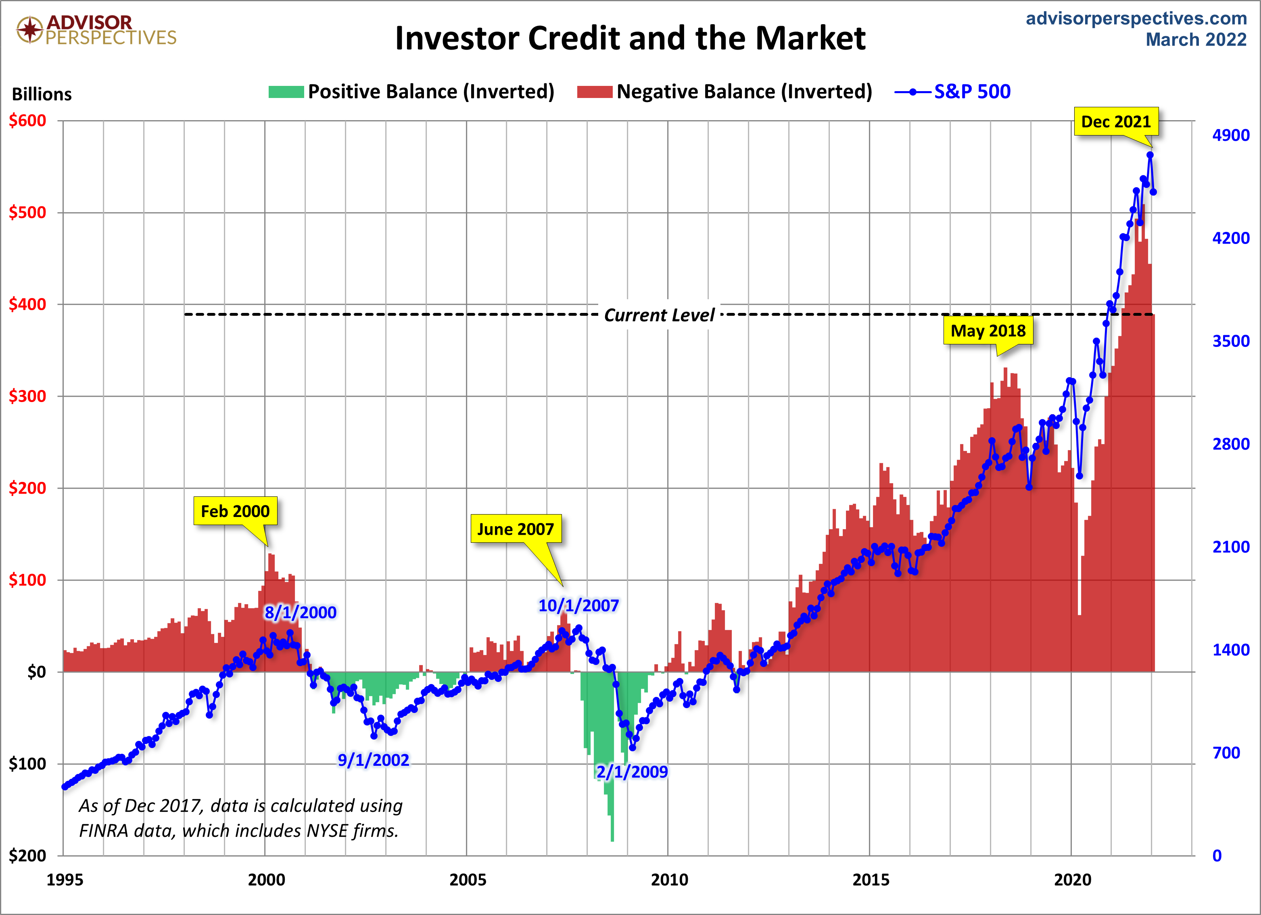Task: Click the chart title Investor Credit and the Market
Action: pos(630,38)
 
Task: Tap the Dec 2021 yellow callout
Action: pos(1115,122)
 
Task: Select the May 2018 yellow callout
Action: pos(988,331)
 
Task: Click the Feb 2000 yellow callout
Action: pos(235,511)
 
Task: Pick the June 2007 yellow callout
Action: pos(516,529)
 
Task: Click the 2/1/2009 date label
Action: pos(632,771)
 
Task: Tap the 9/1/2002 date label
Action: pos(373,760)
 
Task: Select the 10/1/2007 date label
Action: pos(578,605)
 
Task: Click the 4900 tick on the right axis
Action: pos(1230,135)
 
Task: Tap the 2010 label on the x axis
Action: pos(669,880)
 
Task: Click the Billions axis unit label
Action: pos(42,94)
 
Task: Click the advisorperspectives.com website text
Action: pos(1136,18)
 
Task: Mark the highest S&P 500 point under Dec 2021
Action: pos(1150,155)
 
